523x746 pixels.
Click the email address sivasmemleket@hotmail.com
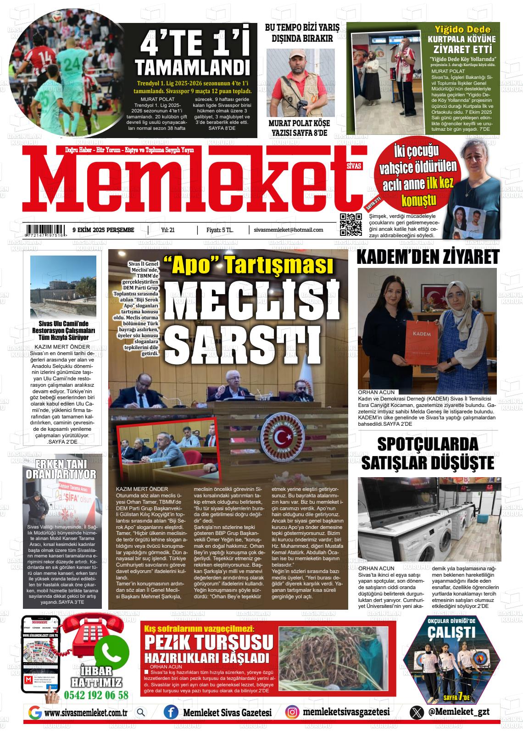coord(288,230)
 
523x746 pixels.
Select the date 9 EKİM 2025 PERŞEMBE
coord(103,230)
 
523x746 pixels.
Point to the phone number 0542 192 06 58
coord(96,695)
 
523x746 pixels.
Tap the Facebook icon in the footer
coord(171,712)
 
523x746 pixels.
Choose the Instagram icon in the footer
coord(292,712)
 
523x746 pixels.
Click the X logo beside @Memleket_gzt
coord(417,712)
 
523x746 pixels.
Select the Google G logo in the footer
coord(35,713)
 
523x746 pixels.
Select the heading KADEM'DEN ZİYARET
coord(428,257)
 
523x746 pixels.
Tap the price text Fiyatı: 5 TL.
coord(220,230)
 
